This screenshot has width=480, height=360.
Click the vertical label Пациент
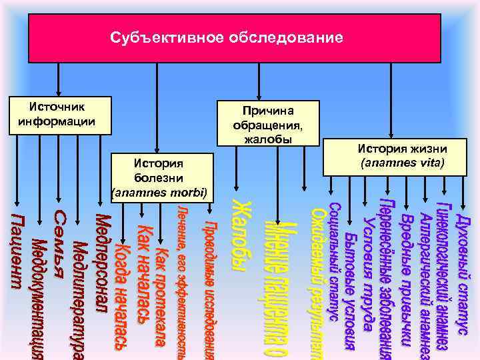click(x=21, y=249)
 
